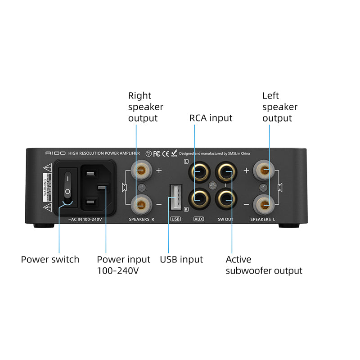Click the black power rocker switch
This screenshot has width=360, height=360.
(x=67, y=185)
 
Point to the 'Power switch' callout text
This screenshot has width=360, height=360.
(x=50, y=260)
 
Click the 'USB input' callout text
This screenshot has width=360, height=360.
(x=181, y=260)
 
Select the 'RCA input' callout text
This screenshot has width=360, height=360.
(x=211, y=118)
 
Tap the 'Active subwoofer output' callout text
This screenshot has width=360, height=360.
(x=264, y=265)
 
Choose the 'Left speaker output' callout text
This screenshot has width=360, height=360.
(x=280, y=107)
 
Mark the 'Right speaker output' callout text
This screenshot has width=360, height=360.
(x=146, y=107)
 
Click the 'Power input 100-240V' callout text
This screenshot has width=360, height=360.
(x=123, y=265)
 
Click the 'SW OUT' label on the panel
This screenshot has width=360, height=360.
(x=225, y=219)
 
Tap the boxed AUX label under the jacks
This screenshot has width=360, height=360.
(x=198, y=219)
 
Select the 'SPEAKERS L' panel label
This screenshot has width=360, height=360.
(x=263, y=219)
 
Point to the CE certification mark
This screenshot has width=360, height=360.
(x=165, y=153)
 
